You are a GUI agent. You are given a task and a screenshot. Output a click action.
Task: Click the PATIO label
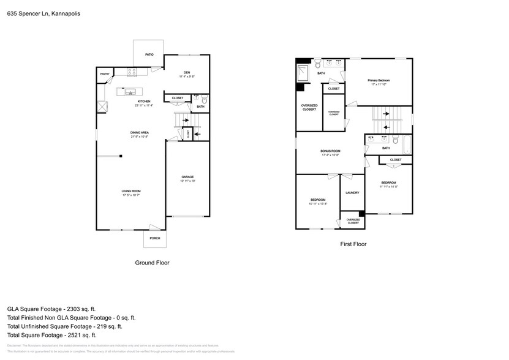point(149,55)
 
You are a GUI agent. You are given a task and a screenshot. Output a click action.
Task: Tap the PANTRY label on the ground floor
point(105,74)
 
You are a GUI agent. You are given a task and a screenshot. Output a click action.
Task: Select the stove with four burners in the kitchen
point(132,72)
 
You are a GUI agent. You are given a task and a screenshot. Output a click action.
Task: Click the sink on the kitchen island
point(130,92)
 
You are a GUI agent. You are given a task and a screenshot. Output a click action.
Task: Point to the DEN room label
point(186,72)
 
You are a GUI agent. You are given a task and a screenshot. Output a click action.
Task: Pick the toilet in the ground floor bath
point(205,99)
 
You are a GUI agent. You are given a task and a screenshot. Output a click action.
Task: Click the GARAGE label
point(187,177)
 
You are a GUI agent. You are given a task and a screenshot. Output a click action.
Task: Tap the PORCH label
point(154,238)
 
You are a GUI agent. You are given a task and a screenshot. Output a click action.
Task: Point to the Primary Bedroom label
point(379,80)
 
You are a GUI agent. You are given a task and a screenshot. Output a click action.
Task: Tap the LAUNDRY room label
point(352,193)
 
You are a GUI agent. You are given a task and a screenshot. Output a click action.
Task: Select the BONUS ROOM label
point(330,151)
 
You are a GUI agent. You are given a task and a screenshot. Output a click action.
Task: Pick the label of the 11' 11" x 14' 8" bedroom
point(388,182)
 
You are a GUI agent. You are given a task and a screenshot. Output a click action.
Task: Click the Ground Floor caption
point(152,262)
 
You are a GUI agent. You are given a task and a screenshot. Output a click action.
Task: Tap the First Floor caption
point(353,244)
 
